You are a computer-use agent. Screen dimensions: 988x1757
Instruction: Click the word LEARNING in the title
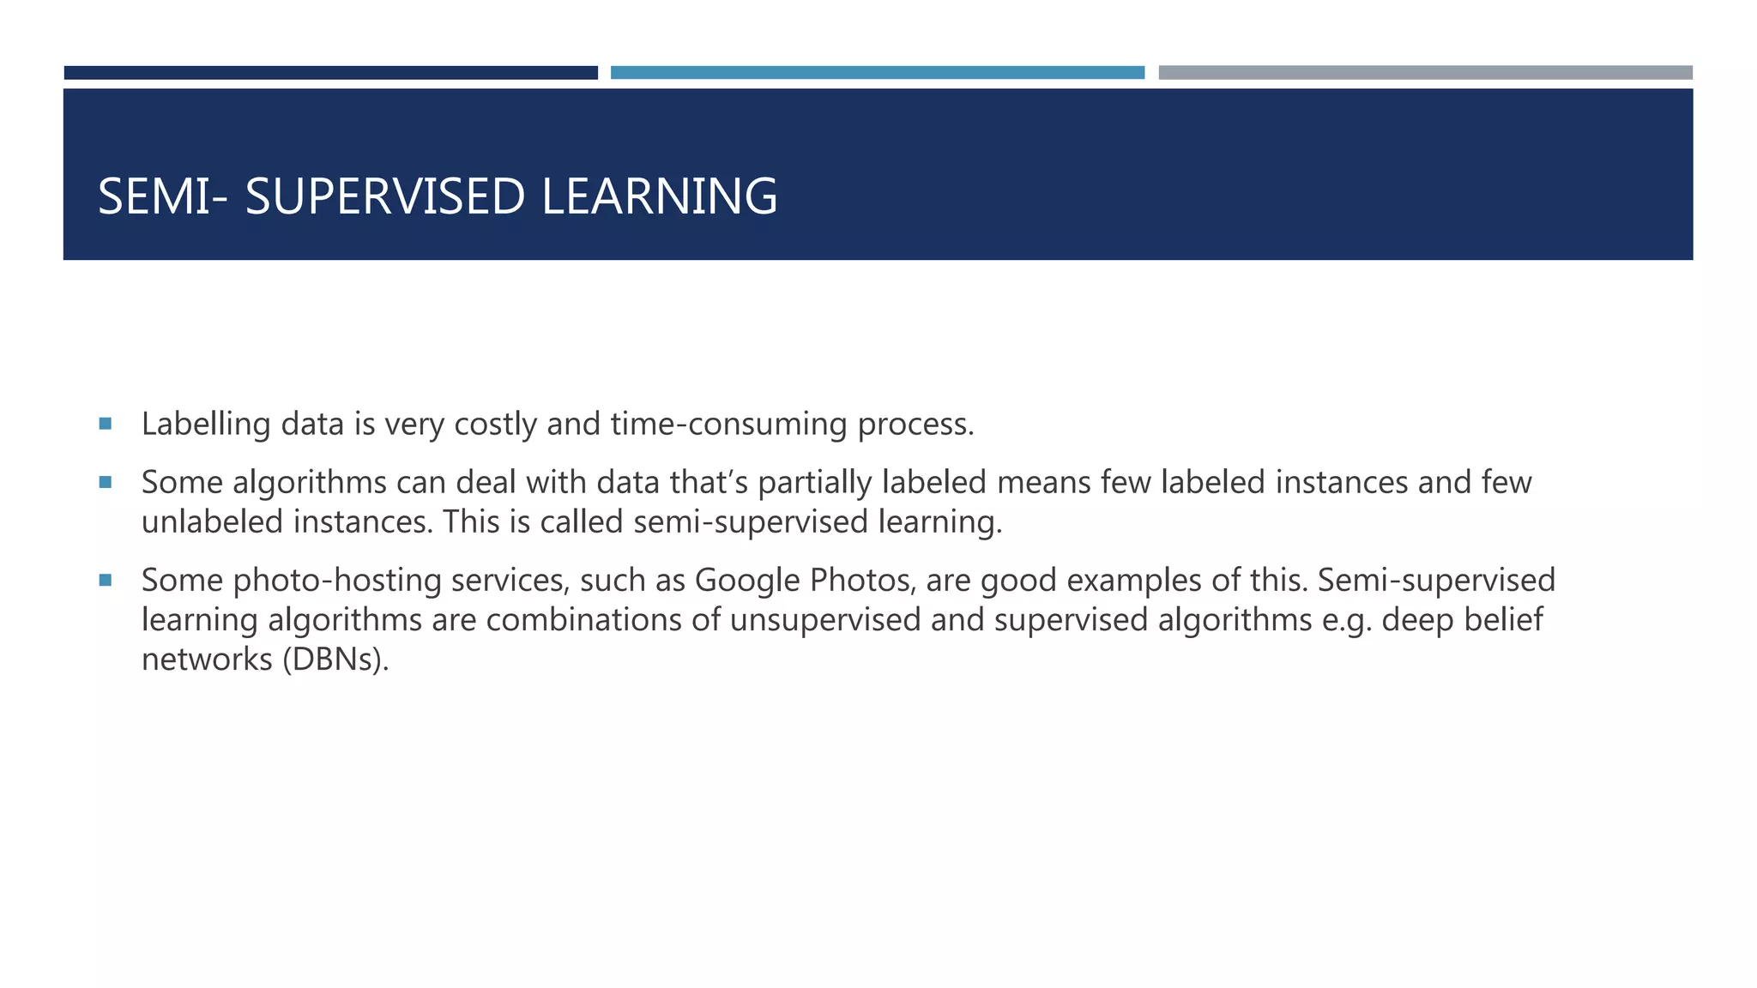[x=659, y=196]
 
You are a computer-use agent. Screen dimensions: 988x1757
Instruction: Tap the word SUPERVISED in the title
[x=384, y=196]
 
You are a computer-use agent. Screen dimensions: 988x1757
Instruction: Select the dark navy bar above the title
[x=330, y=73]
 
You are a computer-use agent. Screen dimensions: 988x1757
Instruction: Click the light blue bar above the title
[x=877, y=73]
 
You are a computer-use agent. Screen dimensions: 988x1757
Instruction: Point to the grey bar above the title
[x=1425, y=73]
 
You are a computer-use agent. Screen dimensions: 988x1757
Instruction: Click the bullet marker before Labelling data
[x=106, y=423]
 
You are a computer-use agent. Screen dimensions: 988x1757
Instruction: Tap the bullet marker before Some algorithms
[x=106, y=482]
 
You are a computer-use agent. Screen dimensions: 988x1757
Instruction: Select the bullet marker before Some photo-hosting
[x=106, y=580]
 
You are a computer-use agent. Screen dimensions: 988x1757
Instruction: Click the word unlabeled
[x=212, y=521]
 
